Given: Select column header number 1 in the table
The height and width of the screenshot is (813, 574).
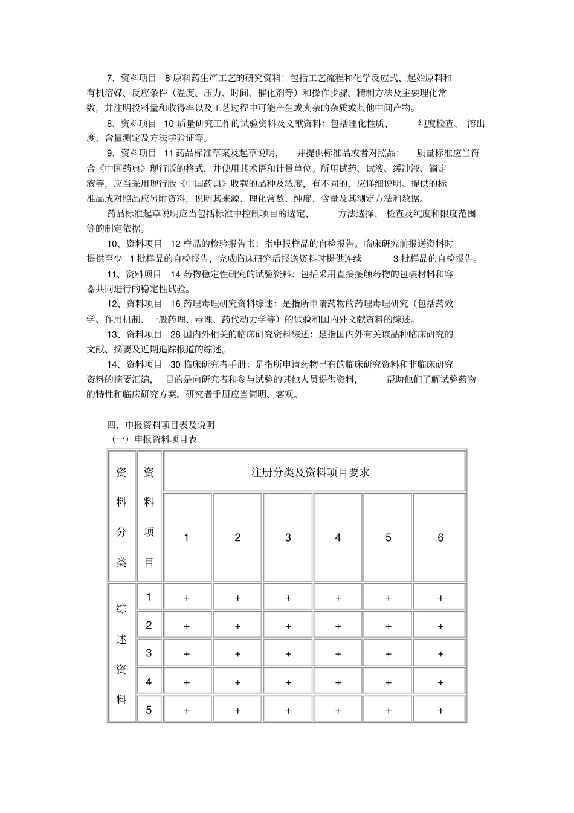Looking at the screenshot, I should pyautogui.click(x=187, y=537).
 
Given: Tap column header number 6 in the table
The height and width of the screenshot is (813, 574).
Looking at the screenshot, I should pyautogui.click(x=440, y=537).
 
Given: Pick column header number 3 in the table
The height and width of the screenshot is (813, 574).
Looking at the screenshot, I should pyautogui.click(x=288, y=537).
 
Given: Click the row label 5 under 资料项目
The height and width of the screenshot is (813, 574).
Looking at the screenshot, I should pyautogui.click(x=149, y=710).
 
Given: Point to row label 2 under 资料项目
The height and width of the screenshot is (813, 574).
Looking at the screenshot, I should pyautogui.click(x=149, y=625).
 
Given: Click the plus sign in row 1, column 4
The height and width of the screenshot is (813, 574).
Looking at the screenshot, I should pyautogui.click(x=338, y=598).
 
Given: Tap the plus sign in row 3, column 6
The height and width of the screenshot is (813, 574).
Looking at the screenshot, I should pyautogui.click(x=440, y=654).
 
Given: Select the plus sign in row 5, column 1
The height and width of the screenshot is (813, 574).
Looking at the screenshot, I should pyautogui.click(x=187, y=711).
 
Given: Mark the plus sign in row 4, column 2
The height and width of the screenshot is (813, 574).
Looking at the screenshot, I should pyautogui.click(x=238, y=682).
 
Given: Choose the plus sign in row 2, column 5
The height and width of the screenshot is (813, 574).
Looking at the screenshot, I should pyautogui.click(x=389, y=627).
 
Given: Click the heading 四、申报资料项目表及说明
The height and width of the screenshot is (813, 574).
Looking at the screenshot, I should pyautogui.click(x=160, y=425).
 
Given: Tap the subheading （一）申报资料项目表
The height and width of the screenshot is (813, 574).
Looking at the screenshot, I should pyautogui.click(x=154, y=439).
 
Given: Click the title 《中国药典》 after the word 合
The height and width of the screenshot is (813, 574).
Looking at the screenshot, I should pyautogui.click(x=121, y=168).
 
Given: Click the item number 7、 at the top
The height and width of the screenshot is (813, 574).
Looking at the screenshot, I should pyautogui.click(x=111, y=78).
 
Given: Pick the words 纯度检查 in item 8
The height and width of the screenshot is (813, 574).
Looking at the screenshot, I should pyautogui.click(x=436, y=123).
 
